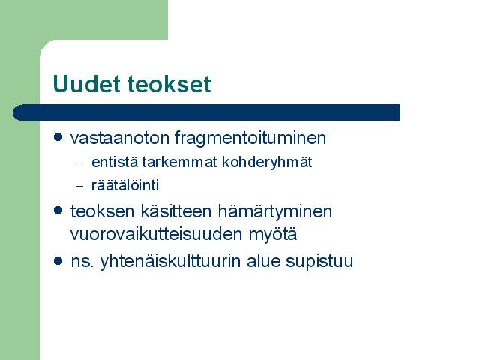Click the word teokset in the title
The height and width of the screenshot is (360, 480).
pos(169,83)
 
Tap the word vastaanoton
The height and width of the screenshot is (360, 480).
pos(120,138)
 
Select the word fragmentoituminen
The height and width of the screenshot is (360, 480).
pos(250,138)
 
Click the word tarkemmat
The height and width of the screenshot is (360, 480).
pos(180,162)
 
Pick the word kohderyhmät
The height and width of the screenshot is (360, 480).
pos(267,163)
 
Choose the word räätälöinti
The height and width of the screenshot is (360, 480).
pos(125,185)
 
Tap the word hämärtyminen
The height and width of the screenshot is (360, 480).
pos(275,211)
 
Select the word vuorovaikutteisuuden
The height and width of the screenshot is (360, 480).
pos(156,234)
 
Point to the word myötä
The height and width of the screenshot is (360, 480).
pos(273,235)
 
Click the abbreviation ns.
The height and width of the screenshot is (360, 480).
pos(82,262)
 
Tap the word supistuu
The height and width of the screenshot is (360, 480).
pos(319,262)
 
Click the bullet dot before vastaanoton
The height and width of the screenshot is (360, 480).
pos(58,136)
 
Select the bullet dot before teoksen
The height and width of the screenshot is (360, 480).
pos(58,210)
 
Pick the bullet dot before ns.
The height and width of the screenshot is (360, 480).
pos(58,260)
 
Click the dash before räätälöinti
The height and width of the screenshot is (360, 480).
pos(79,186)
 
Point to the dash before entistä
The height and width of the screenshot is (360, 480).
pos(79,163)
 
